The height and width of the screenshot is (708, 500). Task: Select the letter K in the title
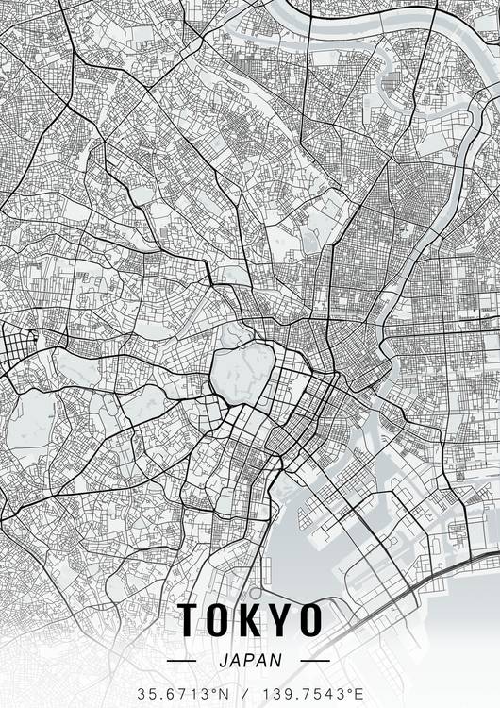click(x=251, y=621)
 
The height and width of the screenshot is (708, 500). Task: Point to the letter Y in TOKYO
click(x=280, y=621)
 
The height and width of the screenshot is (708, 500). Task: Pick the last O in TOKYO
click(x=309, y=621)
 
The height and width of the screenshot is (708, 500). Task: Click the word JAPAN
click(x=250, y=660)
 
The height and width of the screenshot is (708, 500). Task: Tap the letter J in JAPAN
click(x=223, y=660)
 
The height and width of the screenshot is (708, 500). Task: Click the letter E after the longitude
click(x=360, y=693)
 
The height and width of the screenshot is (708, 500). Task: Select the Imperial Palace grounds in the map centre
click(x=241, y=373)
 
